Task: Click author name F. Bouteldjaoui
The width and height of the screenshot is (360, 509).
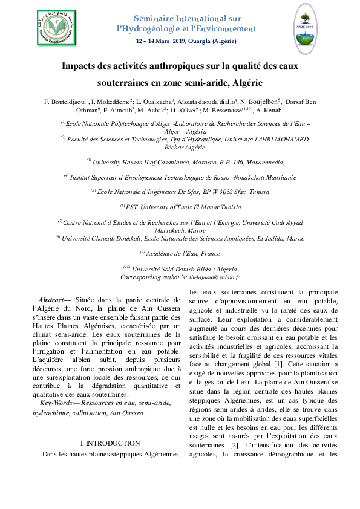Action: [x=65, y=100]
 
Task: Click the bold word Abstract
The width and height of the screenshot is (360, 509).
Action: [x=50, y=300]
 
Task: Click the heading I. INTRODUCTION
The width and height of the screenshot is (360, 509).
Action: [x=110, y=443]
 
